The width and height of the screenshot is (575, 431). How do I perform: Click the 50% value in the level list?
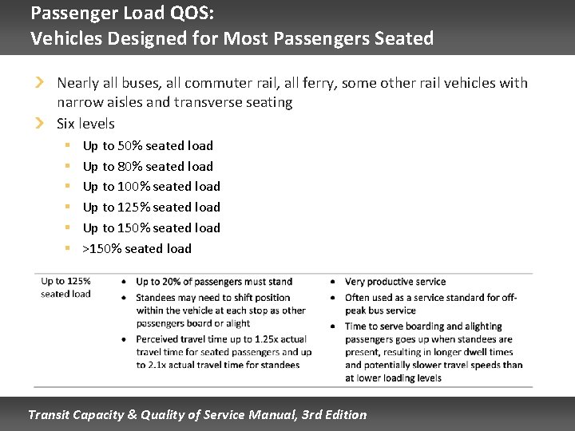pos(130,145)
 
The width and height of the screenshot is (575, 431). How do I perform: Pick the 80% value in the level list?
pos(130,166)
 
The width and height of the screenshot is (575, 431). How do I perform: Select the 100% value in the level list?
pos(133,186)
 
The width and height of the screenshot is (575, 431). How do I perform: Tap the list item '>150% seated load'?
pos(137,248)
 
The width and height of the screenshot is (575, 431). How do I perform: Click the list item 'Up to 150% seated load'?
pos(152,227)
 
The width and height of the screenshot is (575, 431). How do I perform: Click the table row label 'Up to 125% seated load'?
pos(65,287)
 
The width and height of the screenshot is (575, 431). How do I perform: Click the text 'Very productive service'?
pos(395,282)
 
